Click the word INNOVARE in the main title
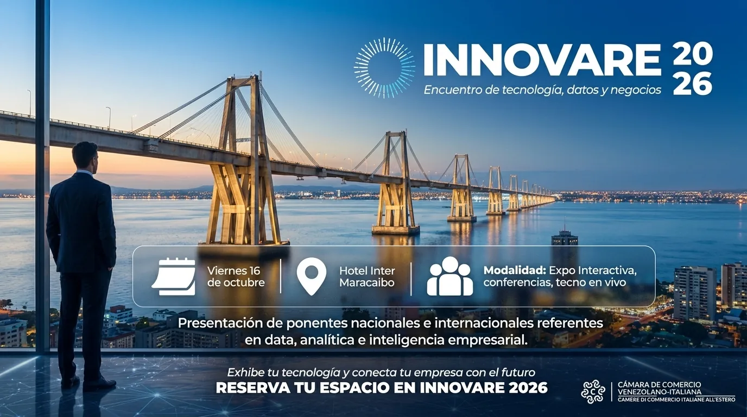point(542,60)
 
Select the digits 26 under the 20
point(692,85)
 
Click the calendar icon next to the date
point(174,276)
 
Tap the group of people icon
point(450,276)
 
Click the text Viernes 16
point(233,270)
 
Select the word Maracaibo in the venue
point(367,283)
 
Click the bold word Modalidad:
point(515,270)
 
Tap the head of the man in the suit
point(85,157)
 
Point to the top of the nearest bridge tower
point(243,78)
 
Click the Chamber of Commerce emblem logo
point(593,391)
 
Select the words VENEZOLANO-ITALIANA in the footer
point(659,392)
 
